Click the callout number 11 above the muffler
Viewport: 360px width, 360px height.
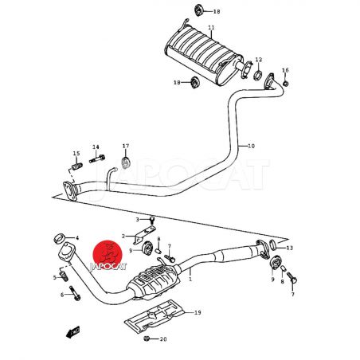211,28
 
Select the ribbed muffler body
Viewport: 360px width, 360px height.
204,55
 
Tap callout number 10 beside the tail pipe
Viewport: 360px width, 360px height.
251,146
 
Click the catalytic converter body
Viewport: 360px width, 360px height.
154,281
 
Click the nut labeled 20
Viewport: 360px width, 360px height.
146,338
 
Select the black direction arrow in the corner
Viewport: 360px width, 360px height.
72,332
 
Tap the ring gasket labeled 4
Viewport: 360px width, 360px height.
60,238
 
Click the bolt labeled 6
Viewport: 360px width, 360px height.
75,293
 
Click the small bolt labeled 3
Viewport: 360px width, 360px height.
152,220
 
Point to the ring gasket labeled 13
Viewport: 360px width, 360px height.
272,245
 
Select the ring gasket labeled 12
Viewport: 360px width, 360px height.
257,76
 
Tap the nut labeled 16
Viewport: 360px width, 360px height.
285,84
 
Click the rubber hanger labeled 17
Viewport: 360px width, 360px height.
125,162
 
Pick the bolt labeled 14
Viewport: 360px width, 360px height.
97,158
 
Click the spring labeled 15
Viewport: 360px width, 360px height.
77,166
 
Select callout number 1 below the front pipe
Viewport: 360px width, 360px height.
190,279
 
